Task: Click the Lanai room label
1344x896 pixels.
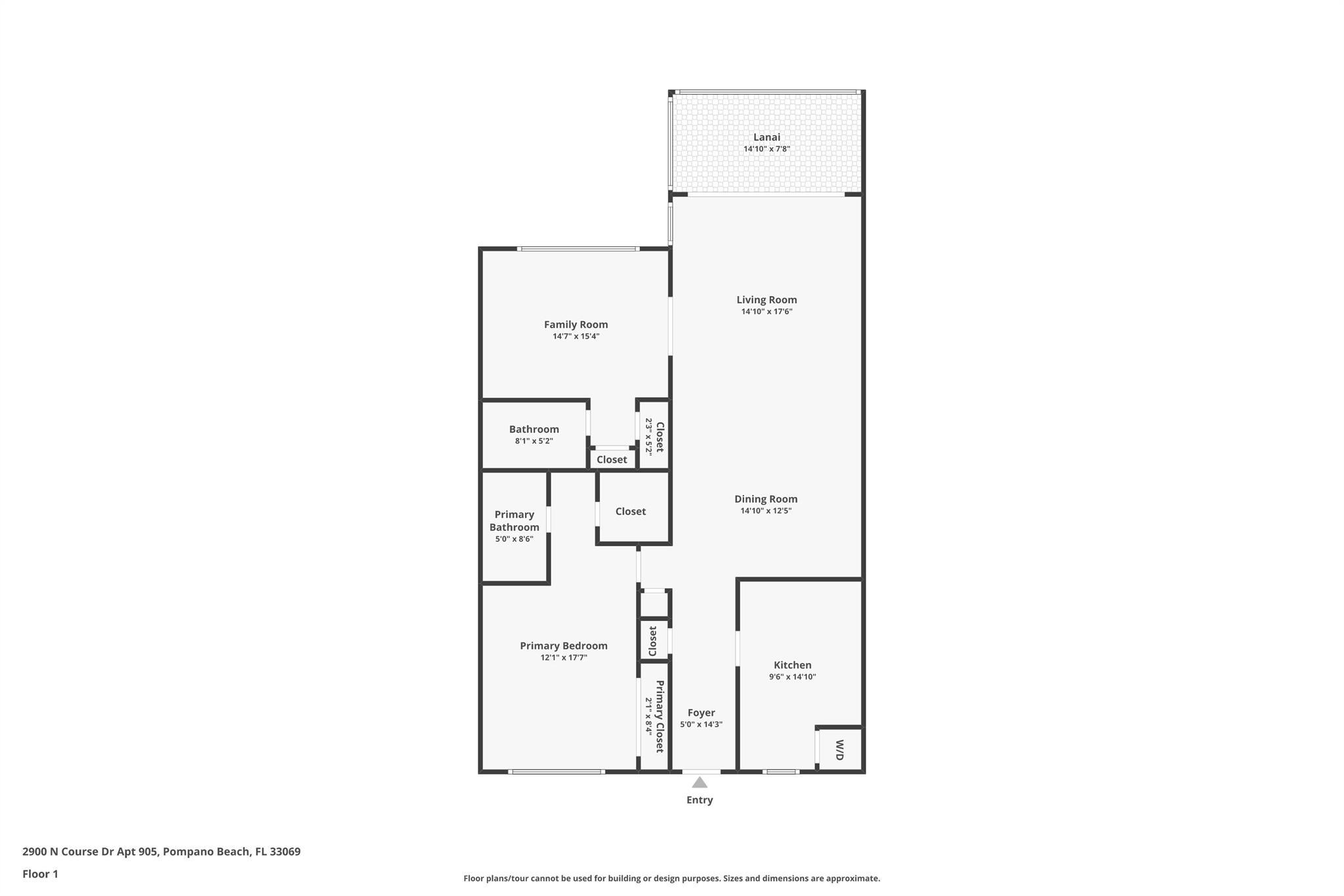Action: pos(766,137)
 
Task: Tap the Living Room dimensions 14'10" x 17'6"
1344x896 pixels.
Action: pos(766,312)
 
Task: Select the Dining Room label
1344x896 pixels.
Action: pos(766,499)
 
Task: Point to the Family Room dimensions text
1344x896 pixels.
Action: pos(576,336)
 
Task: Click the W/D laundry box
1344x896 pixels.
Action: pos(839,750)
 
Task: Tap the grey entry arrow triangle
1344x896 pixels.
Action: pos(700,782)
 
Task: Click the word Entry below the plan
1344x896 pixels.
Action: pos(700,800)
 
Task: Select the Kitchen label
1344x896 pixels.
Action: pos(792,665)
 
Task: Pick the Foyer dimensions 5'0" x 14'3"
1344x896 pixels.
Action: pos(701,725)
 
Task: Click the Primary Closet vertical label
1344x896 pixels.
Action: pos(660,716)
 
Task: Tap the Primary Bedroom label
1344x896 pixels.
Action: pos(564,646)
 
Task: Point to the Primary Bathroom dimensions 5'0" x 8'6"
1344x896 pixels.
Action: pos(514,539)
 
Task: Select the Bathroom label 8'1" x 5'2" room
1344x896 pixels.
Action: pos(534,429)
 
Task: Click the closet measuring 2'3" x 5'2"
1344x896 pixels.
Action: pos(654,437)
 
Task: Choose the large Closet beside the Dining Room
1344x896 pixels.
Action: pos(631,511)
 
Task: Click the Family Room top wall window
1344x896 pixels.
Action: pos(577,249)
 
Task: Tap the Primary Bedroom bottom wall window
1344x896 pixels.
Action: pos(556,772)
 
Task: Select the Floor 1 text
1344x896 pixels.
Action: pos(40,874)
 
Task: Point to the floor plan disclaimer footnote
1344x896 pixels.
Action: pos(671,878)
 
